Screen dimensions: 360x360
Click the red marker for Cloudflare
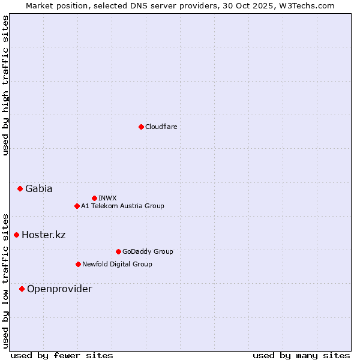point(141,127)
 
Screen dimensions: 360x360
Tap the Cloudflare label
point(161,127)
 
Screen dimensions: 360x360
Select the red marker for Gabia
point(20,188)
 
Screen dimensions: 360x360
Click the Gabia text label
point(39,188)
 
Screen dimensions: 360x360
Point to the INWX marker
point(94,198)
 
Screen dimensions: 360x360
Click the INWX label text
point(108,198)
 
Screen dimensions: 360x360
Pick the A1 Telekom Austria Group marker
point(77,206)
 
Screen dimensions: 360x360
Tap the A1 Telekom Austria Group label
point(122,206)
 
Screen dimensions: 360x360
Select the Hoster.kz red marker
point(16,235)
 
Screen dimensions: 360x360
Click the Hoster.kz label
point(44,235)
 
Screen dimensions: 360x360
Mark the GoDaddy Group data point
point(118,251)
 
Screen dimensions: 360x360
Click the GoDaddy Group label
point(148,251)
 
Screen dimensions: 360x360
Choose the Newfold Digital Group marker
point(78,264)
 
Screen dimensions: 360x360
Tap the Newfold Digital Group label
point(117,264)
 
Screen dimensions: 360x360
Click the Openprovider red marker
point(22,289)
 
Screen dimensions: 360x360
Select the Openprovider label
point(59,289)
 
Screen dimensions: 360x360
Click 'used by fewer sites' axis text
point(62,355)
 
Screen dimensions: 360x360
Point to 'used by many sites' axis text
point(301,355)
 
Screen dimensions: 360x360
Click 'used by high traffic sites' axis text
point(5,85)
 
